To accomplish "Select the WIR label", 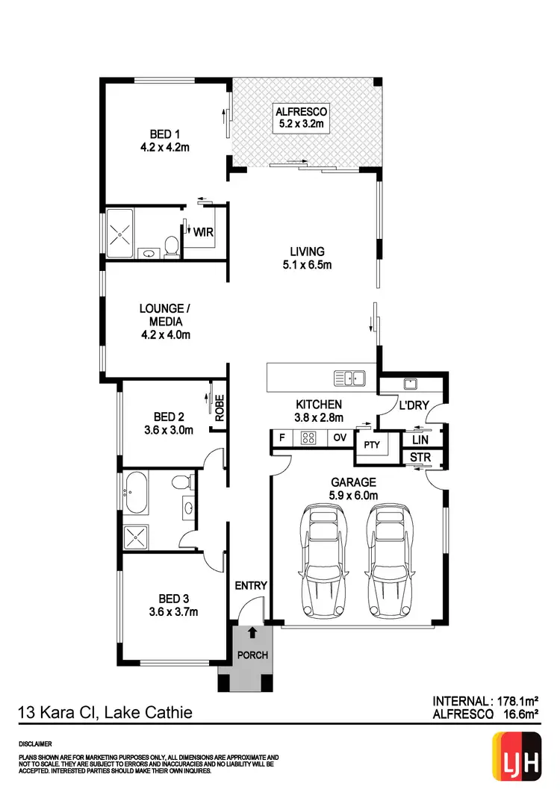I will coord(203,232).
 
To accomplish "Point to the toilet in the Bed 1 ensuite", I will coord(171,246).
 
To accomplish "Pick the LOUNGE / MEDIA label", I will coord(164,321).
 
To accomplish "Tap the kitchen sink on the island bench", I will coord(349,378).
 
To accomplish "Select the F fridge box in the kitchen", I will coord(281,438).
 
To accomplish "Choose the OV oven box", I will coord(339,438).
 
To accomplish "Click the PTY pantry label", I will coord(371,445).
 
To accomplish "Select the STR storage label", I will coord(416,457).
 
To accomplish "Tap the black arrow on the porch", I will coord(252,633).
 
